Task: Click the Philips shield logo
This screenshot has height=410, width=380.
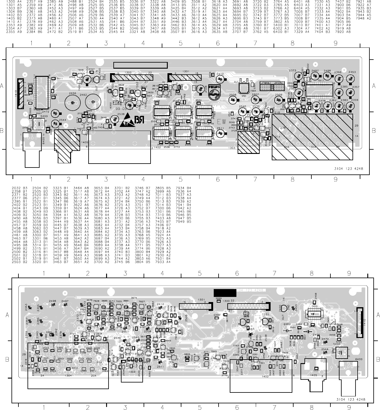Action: pos(215,92)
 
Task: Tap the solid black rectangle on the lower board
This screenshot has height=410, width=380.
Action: pos(225,293)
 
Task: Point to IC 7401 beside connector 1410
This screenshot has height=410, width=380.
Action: pos(43,93)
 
